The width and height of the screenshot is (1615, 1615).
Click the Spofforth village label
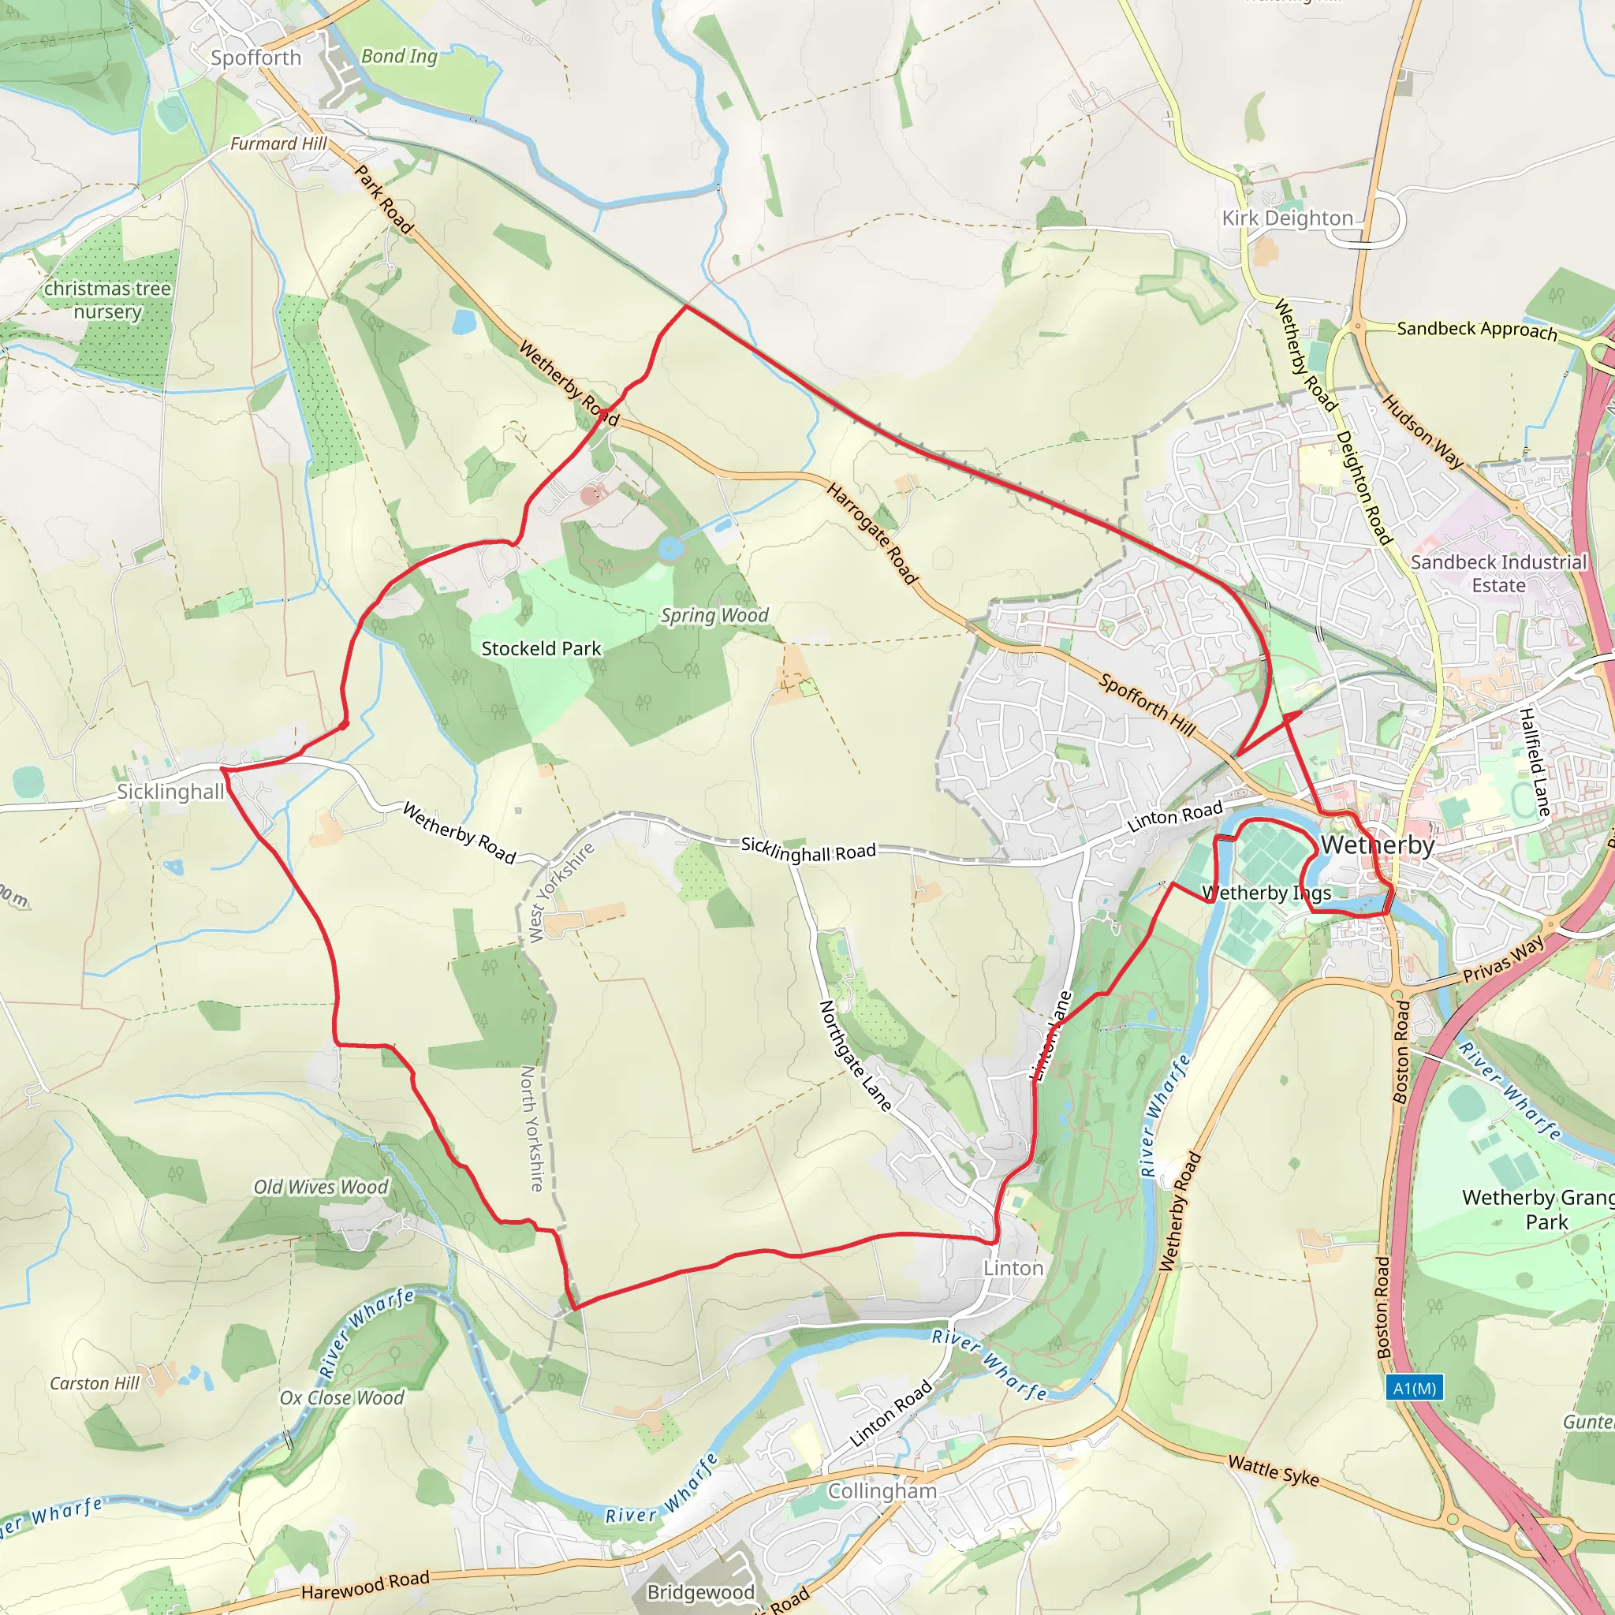pyautogui.click(x=255, y=58)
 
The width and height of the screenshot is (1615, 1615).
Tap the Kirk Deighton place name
pyautogui.click(x=1286, y=218)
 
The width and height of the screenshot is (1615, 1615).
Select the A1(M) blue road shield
pyautogui.click(x=1415, y=1389)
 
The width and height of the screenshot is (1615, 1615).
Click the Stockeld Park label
pyautogui.click(x=541, y=649)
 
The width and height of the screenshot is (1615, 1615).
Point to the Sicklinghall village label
pyautogui.click(x=170, y=792)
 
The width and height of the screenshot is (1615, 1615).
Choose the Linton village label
pyautogui.click(x=1013, y=1268)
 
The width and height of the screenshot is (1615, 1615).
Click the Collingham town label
pyautogui.click(x=882, y=1491)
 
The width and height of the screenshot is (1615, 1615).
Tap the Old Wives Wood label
pyautogui.click(x=321, y=1187)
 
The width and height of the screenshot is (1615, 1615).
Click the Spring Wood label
pyautogui.click(x=714, y=615)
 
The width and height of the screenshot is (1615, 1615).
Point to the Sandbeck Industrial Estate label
pyautogui.click(x=1498, y=573)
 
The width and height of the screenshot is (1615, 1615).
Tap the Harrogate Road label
pyautogui.click(x=872, y=533)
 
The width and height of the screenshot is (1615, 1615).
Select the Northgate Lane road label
pyautogui.click(x=854, y=1056)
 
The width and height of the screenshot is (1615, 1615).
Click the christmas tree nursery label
pyautogui.click(x=107, y=299)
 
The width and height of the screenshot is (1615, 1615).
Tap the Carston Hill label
pyautogui.click(x=95, y=1383)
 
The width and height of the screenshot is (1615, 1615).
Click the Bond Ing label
pyautogui.click(x=399, y=56)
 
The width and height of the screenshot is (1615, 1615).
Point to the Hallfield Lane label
pyautogui.click(x=1534, y=762)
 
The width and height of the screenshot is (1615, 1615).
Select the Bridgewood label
pyautogui.click(x=700, y=1591)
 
